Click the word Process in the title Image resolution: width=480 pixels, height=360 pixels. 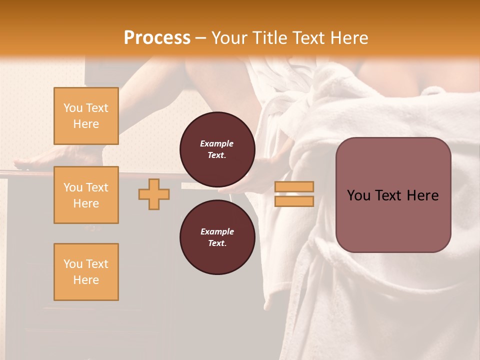tap(157, 37)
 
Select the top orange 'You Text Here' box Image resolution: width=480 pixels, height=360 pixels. tap(86, 116)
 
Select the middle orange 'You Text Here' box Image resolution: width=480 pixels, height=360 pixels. tap(86, 195)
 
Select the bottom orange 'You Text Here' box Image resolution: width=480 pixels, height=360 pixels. tap(86, 271)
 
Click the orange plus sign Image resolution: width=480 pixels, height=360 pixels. tap(154, 194)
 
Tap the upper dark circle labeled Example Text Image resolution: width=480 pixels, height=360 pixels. tap(217, 149)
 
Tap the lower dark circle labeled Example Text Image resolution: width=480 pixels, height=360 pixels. tap(217, 237)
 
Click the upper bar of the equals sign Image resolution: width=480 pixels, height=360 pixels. tap(294, 186)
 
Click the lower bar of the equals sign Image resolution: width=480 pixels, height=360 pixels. tap(294, 201)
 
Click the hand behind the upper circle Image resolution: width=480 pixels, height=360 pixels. tap(270, 170)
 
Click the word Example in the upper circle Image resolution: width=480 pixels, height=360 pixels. tap(217, 143)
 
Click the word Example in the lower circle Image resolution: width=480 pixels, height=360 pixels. tap(217, 231)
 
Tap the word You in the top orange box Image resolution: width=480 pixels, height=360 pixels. tap(72, 108)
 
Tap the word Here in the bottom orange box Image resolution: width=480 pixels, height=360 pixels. tap(86, 280)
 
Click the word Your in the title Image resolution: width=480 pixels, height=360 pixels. tap(230, 37)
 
